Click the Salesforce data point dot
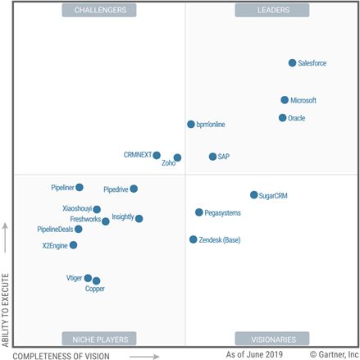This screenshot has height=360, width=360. click(x=293, y=63)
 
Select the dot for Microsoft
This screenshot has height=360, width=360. click(x=285, y=100)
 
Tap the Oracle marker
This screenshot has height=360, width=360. click(x=283, y=118)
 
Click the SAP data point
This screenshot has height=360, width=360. click(x=212, y=156)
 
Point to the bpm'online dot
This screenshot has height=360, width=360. click(x=191, y=125)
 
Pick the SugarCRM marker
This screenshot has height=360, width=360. click(x=254, y=195)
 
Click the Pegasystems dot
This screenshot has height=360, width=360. click(x=199, y=212)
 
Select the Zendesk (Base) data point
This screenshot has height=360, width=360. click(x=194, y=239)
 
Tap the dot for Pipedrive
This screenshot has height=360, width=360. click(x=134, y=189)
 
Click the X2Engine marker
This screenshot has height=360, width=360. click(x=74, y=245)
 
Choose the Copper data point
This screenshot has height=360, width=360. click(x=96, y=281)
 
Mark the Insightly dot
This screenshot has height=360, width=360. click(x=139, y=219)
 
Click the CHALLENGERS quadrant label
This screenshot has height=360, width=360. click(x=99, y=11)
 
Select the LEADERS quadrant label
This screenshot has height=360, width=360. click(x=272, y=11)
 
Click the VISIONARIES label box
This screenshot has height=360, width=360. click(x=272, y=339)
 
